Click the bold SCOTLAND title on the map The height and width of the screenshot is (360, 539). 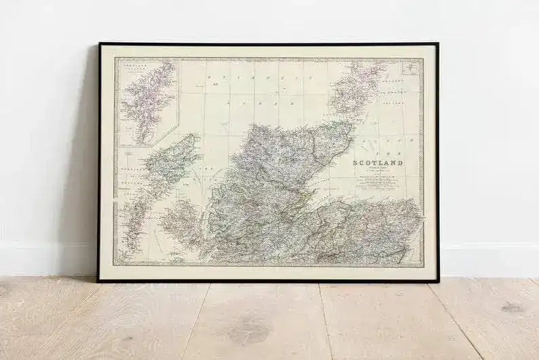(378, 162)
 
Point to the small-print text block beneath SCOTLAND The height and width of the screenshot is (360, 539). (378, 180)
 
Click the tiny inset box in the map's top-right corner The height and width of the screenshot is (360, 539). (411, 67)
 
